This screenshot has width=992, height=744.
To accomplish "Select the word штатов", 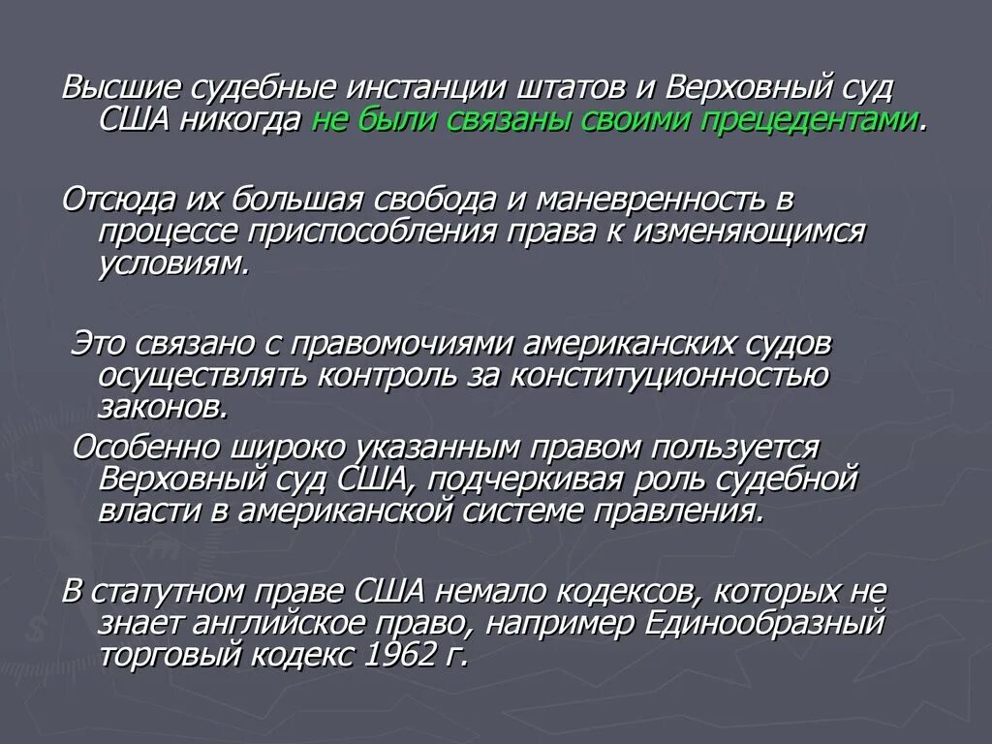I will pyautogui.click(x=572, y=89).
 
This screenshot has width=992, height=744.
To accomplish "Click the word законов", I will pyautogui.click(x=163, y=408).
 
